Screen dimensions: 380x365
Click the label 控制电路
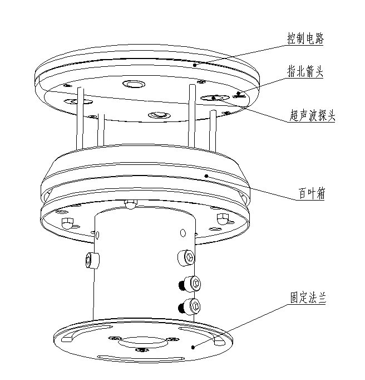(x=305, y=39)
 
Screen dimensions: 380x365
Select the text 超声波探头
(x=313, y=115)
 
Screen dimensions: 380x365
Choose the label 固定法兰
(x=307, y=299)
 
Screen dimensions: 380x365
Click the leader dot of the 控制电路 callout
(x=194, y=65)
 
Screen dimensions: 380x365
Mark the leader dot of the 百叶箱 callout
(x=207, y=176)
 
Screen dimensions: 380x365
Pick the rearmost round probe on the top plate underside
(x=134, y=85)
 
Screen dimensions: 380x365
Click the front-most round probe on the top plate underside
(x=157, y=115)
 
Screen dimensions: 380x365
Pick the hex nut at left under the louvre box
(x=67, y=223)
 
